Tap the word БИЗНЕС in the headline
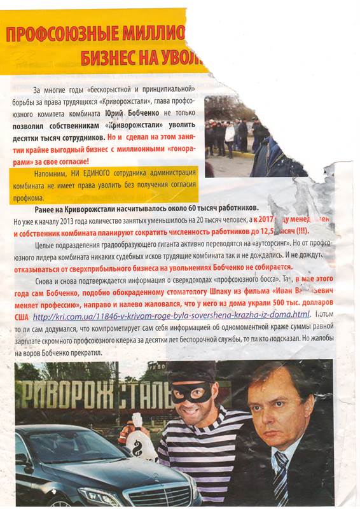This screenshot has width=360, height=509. [111, 59]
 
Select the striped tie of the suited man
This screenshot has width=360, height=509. [280, 480]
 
